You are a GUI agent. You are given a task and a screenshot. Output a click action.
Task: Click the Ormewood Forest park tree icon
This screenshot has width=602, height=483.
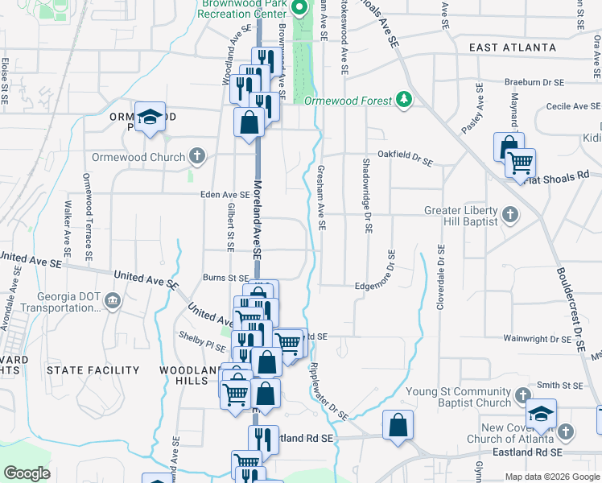[x=404, y=100]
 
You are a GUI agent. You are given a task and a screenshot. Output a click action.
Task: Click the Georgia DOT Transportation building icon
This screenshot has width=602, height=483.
[x=112, y=302]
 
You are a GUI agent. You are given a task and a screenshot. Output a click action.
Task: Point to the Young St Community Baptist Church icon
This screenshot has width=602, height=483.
[x=522, y=396]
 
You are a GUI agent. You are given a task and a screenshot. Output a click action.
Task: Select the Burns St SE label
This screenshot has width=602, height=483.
[x=225, y=279]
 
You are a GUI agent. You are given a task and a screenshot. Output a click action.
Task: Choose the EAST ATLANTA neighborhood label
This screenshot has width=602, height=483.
[x=507, y=47]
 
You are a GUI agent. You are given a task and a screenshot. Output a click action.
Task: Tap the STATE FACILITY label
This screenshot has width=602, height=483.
[x=93, y=370]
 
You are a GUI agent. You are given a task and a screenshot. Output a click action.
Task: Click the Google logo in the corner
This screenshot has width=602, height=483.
[x=26, y=473]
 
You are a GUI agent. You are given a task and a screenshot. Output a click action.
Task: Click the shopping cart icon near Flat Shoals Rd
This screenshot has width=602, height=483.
[x=521, y=163]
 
